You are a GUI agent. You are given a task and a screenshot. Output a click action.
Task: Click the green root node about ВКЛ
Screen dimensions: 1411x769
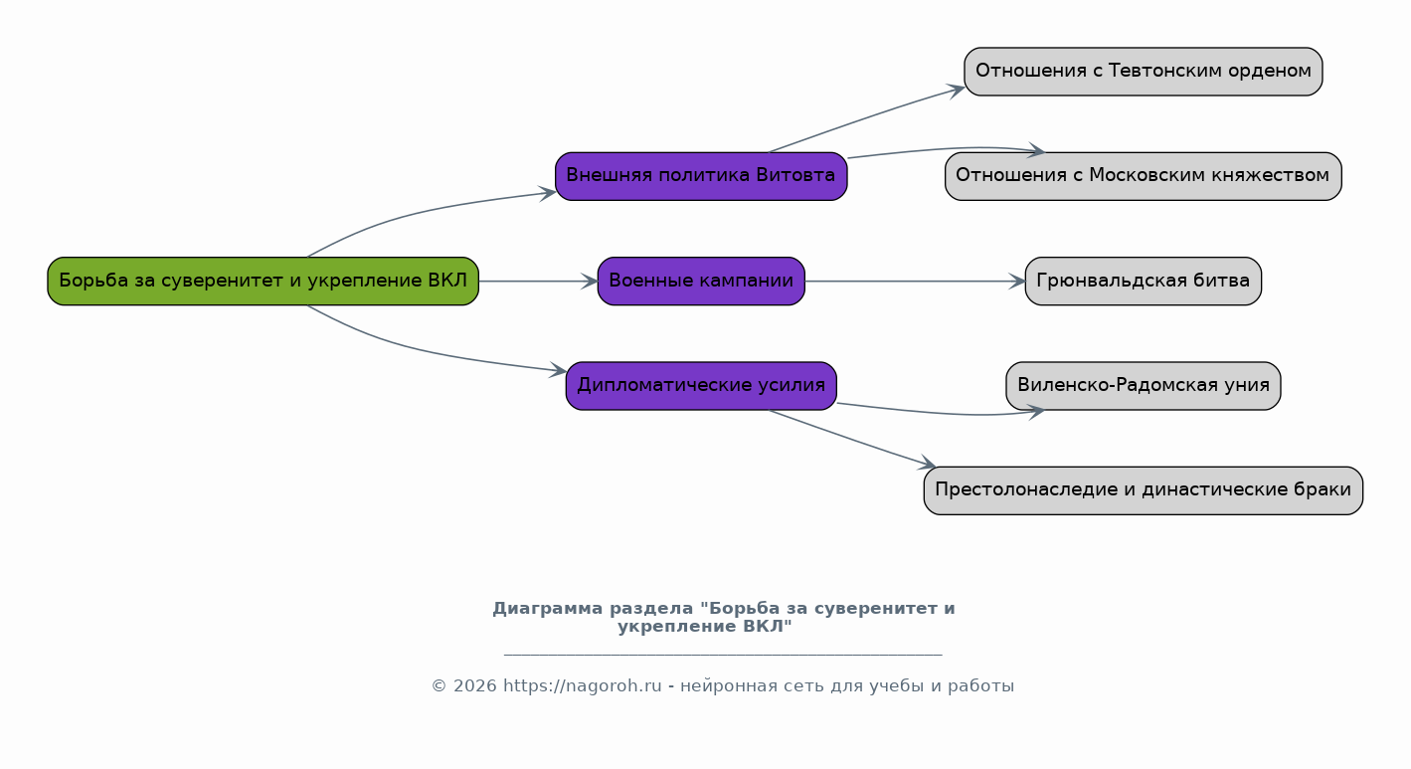[x=264, y=282]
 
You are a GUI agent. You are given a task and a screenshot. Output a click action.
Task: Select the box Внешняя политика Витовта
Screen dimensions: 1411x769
[x=701, y=176]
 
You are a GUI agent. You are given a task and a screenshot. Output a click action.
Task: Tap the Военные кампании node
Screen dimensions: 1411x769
[x=701, y=282]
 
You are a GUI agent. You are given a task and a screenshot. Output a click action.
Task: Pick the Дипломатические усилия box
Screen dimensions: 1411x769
[x=701, y=386]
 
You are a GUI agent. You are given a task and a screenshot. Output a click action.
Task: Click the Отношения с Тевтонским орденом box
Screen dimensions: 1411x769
[x=1144, y=72]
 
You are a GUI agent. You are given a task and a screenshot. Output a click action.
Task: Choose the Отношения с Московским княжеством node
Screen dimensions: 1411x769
[x=1144, y=176]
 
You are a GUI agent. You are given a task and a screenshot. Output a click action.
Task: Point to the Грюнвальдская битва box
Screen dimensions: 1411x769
[x=1144, y=282]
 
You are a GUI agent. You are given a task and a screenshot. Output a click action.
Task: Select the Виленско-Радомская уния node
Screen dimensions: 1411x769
[x=1144, y=386]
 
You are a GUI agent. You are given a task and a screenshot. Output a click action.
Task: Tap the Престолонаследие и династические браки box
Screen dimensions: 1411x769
[x=1144, y=490]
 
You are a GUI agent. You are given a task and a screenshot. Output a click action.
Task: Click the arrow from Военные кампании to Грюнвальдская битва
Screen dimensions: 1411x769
[x=915, y=282]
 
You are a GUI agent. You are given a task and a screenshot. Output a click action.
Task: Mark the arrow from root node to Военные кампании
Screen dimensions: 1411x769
[x=539, y=282]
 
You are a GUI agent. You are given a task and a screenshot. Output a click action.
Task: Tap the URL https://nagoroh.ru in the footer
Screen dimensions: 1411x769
[x=582, y=685]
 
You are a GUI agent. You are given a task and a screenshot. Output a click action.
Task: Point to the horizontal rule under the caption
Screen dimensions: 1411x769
[x=723, y=656]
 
